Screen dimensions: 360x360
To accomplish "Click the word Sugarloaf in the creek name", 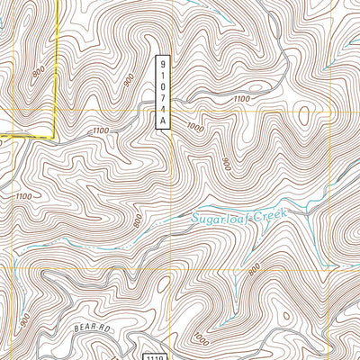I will (x=220, y=219).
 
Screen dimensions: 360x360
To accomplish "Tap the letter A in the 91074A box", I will (x=163, y=118).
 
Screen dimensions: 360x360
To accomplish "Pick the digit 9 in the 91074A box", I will (x=163, y=64).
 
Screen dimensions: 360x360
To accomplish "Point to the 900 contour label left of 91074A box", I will (x=130, y=81).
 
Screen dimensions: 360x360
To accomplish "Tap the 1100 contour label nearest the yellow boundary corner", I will (x=100, y=131).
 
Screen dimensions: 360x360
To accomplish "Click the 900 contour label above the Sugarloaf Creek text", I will (x=226, y=165).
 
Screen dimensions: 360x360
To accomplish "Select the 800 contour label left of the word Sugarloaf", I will (x=138, y=220).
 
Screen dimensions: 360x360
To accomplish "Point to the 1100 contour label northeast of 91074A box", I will (x=240, y=99).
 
